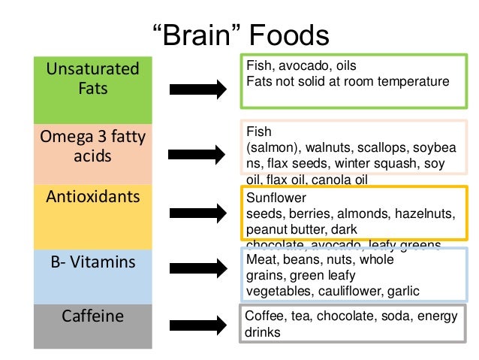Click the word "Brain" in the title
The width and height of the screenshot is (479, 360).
[197, 35]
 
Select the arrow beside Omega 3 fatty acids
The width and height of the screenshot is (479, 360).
[197, 155]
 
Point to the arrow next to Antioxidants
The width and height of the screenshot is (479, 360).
[197, 210]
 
